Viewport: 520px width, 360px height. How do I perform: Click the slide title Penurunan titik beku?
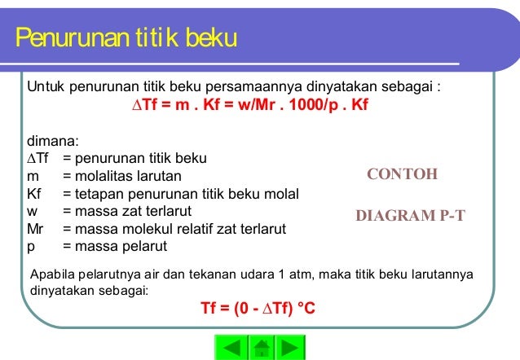tap(126, 37)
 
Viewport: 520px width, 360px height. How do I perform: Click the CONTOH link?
tap(403, 174)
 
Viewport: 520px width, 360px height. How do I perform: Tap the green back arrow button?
tap(232, 348)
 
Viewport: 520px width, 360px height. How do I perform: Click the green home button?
tap(260, 348)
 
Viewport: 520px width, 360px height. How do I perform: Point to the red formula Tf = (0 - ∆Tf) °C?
tap(258, 310)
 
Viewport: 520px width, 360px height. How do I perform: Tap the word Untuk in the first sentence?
tap(45, 85)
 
